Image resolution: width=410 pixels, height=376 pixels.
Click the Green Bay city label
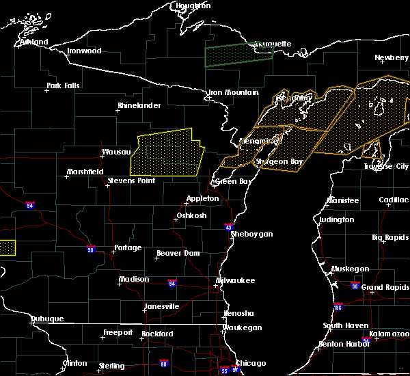point(231,182)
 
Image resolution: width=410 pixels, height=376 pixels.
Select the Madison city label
point(134,279)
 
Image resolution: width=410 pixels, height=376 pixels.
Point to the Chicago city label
point(250,363)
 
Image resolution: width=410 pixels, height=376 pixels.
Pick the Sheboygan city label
point(251,234)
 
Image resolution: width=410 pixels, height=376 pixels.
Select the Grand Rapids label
point(385,287)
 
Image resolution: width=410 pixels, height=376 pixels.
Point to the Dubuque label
point(47,319)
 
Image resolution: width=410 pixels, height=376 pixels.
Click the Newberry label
point(392,58)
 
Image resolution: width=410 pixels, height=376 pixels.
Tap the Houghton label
point(193,5)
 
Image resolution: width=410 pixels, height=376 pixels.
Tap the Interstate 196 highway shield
point(338,306)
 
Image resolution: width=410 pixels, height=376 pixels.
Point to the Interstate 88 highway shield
point(163,363)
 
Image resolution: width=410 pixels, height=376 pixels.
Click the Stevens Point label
point(131,181)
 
